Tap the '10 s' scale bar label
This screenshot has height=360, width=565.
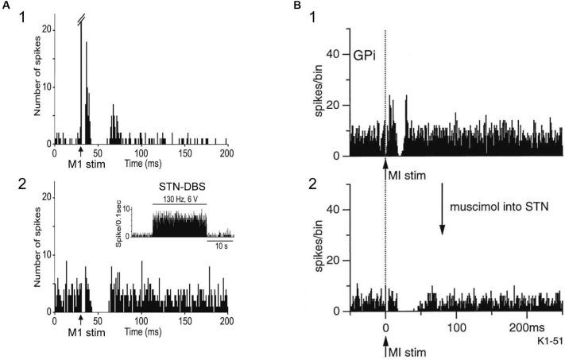(219, 246)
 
